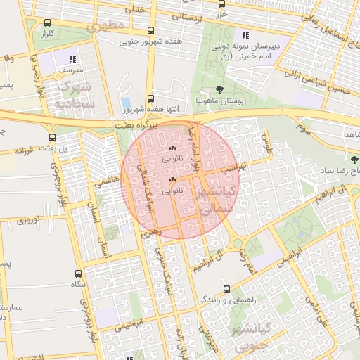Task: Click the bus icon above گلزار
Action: click(x=48, y=22)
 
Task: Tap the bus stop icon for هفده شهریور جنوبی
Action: click(x=151, y=30)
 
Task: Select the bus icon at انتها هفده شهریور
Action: click(x=150, y=99)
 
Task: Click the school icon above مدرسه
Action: click(x=73, y=59)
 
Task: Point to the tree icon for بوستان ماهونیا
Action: click(x=220, y=89)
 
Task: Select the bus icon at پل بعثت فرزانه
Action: click(x=53, y=138)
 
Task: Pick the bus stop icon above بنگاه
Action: click(x=78, y=274)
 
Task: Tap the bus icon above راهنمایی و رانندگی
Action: click(x=226, y=288)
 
